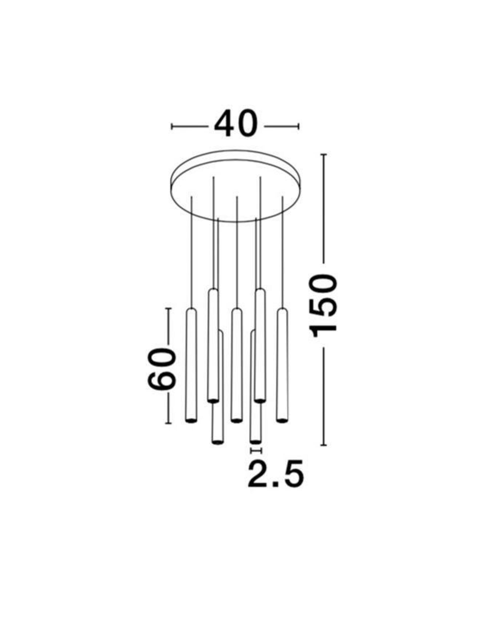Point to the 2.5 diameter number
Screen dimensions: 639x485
coord(276,475)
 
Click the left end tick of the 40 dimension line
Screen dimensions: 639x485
coord(172,126)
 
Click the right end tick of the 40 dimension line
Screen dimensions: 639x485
coord(299,126)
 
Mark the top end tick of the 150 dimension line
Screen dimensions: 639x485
coord(324,155)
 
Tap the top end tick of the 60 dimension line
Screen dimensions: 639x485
coord(168,309)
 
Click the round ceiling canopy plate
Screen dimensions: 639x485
coord(235,185)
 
